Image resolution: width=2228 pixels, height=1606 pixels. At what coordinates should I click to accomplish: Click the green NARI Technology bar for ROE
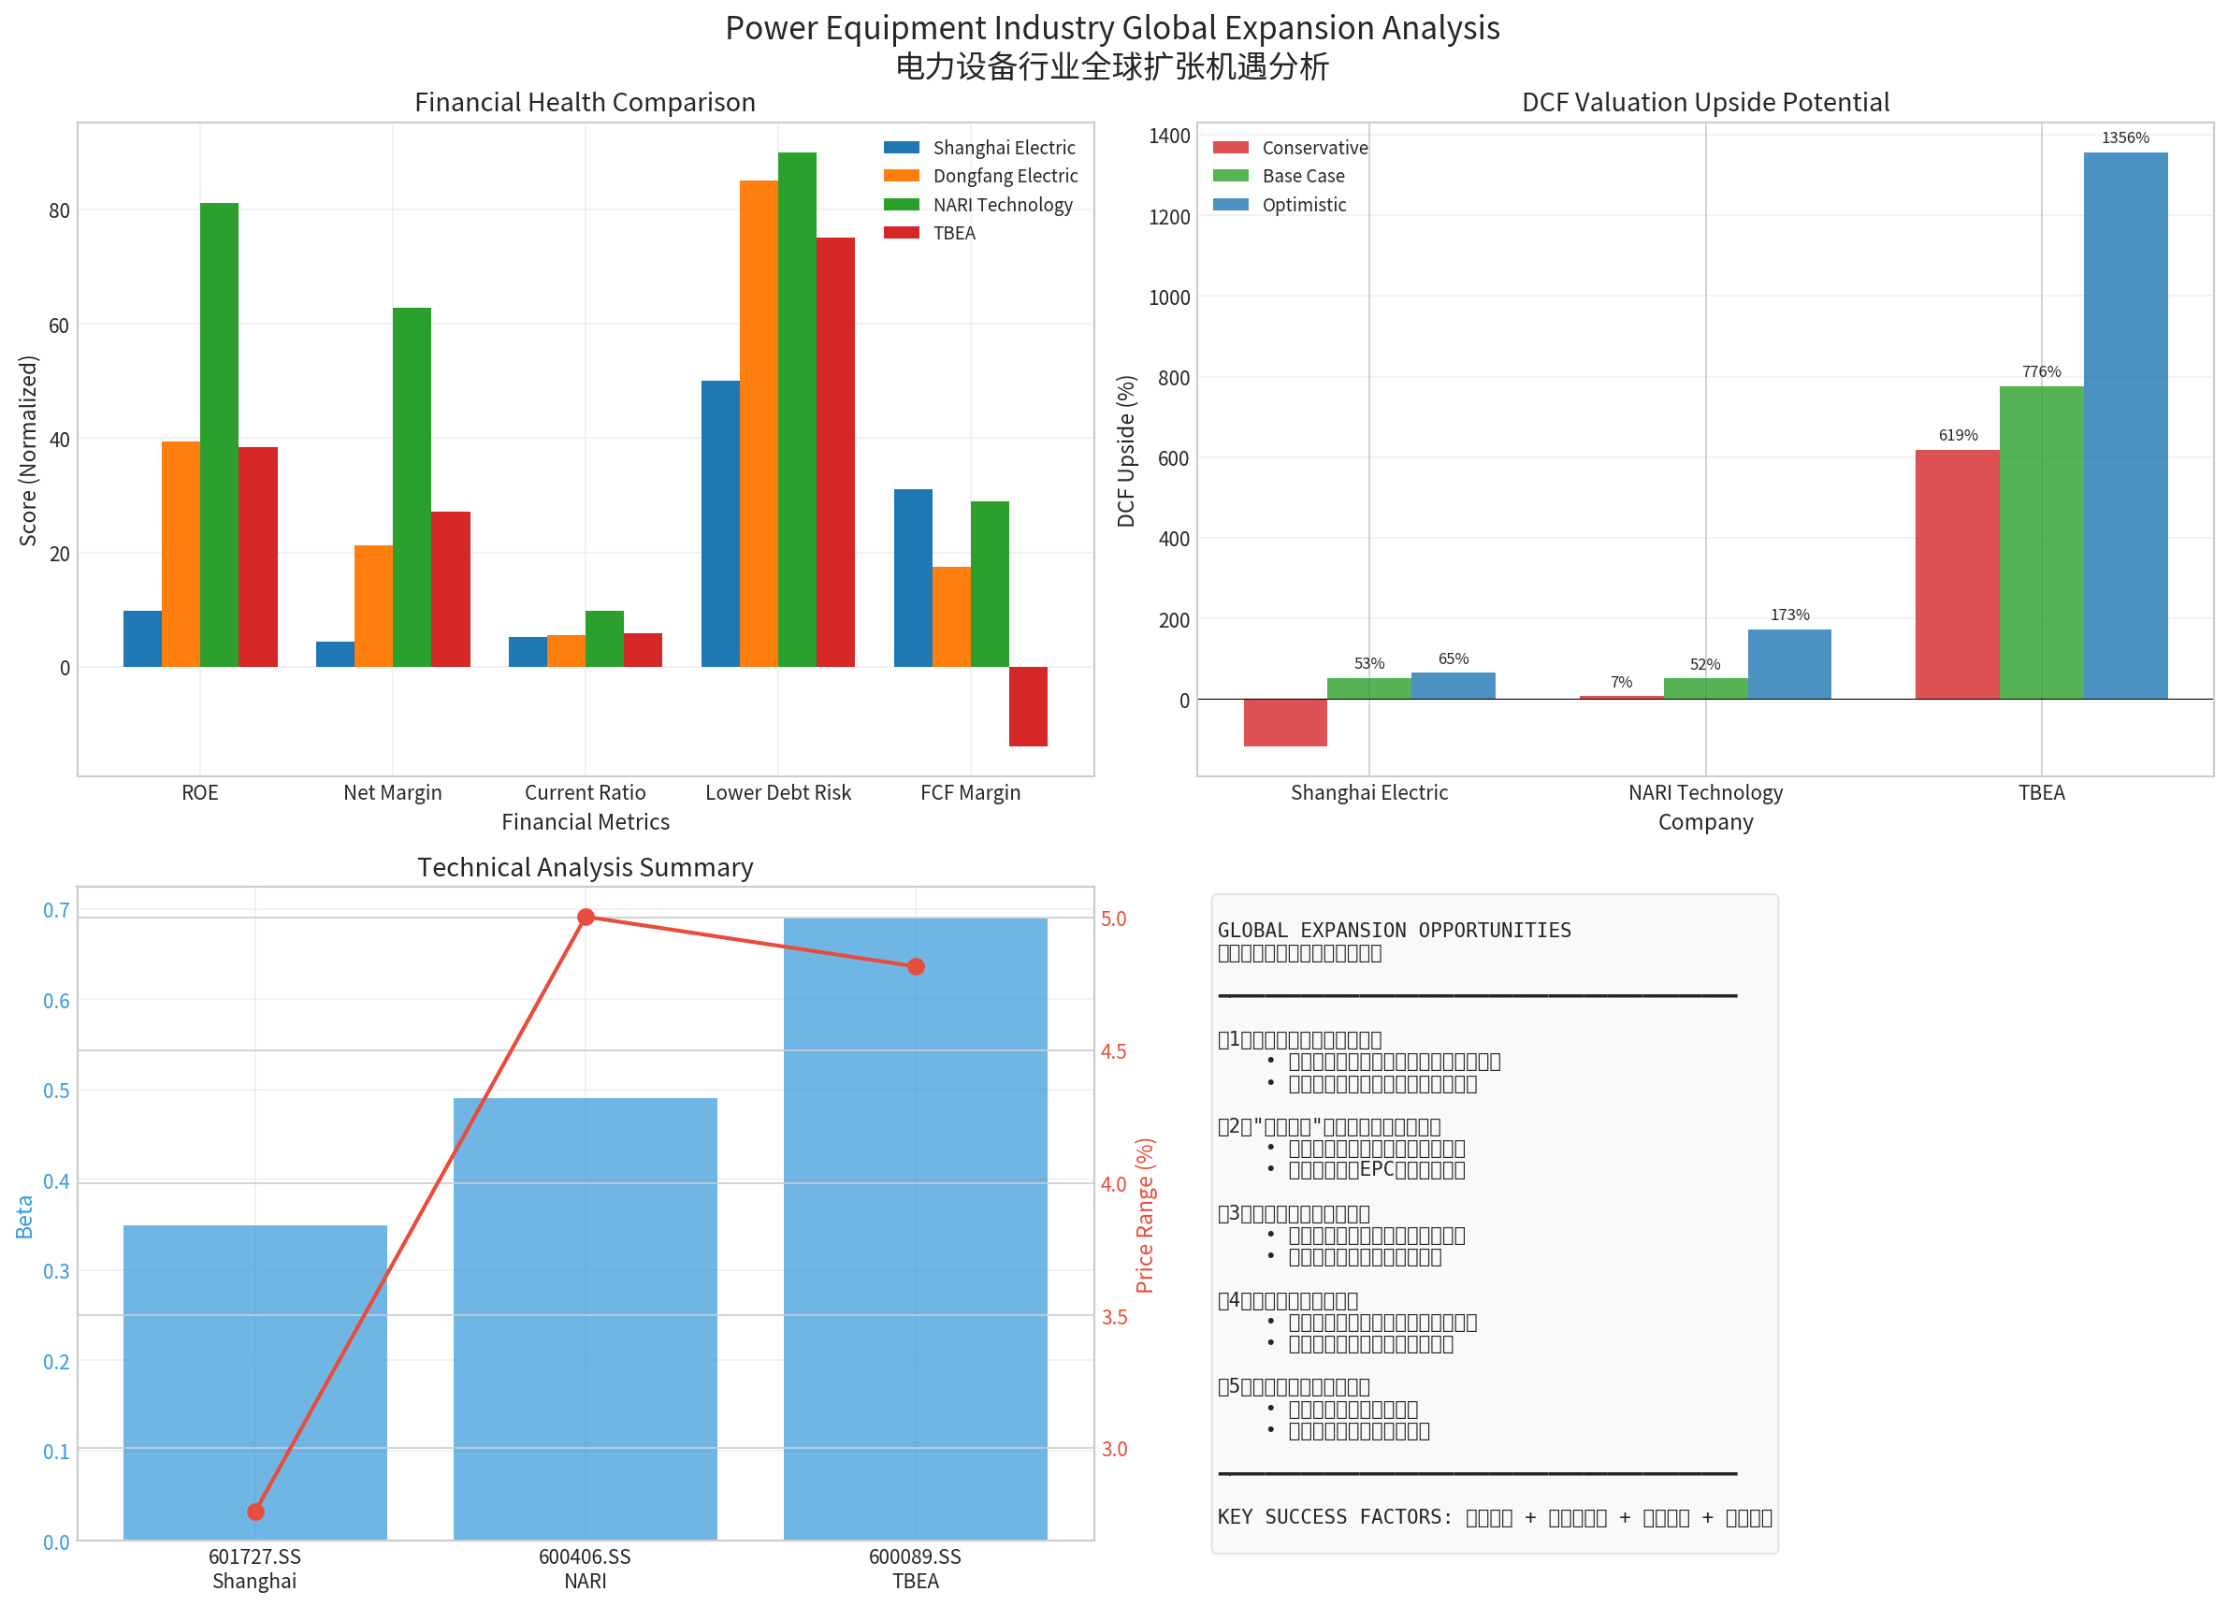click(x=219, y=434)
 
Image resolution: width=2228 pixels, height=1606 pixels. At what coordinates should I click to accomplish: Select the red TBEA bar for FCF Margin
click(x=1028, y=706)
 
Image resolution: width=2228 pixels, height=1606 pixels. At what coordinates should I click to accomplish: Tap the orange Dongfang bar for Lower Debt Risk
click(x=759, y=424)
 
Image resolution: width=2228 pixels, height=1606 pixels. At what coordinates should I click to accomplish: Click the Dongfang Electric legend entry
click(x=1004, y=176)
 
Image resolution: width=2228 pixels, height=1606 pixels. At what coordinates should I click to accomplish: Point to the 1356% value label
click(x=2125, y=138)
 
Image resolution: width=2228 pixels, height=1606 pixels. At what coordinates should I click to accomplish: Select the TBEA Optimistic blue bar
click(x=2125, y=426)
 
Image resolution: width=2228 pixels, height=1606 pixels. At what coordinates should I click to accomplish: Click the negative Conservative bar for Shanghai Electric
click(x=1285, y=722)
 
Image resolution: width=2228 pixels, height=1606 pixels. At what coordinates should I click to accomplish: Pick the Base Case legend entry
click(x=1303, y=176)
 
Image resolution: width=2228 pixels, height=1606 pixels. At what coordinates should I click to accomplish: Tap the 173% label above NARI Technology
click(x=1789, y=615)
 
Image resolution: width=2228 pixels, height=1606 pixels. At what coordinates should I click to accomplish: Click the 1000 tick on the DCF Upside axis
click(x=1169, y=297)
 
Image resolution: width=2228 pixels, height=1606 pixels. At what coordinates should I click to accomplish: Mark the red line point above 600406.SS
click(x=586, y=918)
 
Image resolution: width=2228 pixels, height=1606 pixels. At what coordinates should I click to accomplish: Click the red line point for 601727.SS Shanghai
click(x=255, y=1512)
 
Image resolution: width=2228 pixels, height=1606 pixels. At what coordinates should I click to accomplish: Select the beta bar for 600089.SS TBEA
click(x=916, y=1228)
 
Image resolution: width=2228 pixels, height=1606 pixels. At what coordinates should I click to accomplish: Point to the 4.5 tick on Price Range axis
click(x=1114, y=1052)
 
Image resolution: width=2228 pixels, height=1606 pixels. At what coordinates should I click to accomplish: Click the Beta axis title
click(x=24, y=1217)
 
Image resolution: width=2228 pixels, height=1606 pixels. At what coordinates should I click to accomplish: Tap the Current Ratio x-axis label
click(x=585, y=792)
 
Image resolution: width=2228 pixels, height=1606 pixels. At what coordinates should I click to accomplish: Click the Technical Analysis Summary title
click(x=585, y=867)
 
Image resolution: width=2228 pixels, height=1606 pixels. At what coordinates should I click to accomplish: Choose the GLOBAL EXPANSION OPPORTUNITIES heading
click(x=1394, y=930)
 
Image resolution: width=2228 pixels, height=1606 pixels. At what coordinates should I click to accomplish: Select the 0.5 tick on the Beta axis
click(x=56, y=1092)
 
